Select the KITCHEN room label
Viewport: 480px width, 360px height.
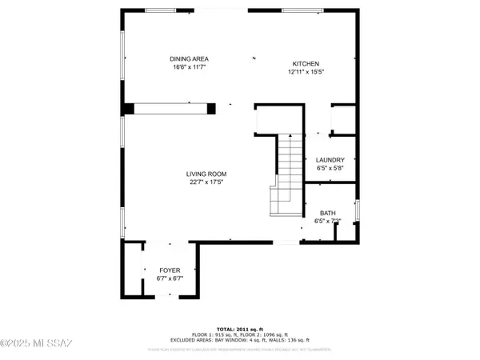click(306, 64)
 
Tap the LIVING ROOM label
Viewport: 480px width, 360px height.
click(206, 174)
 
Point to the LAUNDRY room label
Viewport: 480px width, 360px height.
click(330, 160)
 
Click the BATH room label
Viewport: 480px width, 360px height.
click(328, 213)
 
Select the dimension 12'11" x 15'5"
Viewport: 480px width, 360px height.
click(306, 73)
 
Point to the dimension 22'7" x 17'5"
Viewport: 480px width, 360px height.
click(206, 182)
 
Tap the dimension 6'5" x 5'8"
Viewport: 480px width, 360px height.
click(330, 168)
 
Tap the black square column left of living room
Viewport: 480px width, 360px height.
click(127, 109)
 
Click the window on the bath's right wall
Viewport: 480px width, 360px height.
click(358, 211)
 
